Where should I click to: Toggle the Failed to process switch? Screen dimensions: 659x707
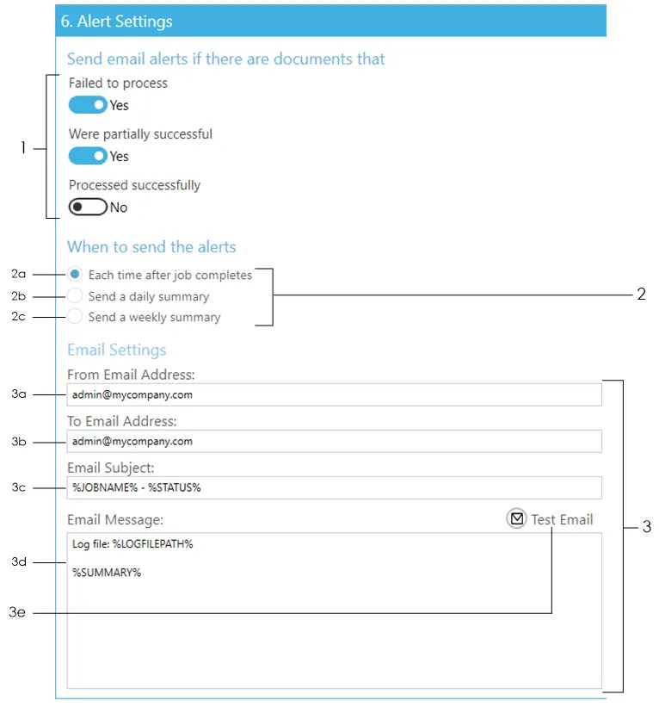(x=88, y=105)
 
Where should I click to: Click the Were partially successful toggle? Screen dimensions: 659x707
(x=88, y=156)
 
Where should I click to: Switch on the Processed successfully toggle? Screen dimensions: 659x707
(x=88, y=207)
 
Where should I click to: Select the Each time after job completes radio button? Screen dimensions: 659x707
(x=75, y=274)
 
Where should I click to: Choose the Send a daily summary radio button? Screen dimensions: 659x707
(x=75, y=295)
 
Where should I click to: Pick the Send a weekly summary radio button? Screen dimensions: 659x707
(x=75, y=316)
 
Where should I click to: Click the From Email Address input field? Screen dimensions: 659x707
(x=334, y=394)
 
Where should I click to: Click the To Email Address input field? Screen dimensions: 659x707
(x=334, y=441)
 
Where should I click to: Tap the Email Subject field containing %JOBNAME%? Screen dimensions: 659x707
(x=334, y=487)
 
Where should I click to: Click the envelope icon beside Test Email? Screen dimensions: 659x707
(x=517, y=518)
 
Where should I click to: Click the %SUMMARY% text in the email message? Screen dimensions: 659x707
(x=107, y=573)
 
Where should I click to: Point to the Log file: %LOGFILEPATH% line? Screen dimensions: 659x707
(x=132, y=544)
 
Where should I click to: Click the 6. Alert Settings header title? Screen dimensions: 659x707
(x=117, y=22)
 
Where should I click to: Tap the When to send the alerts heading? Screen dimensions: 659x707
(x=151, y=246)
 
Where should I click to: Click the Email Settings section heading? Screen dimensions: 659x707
(x=117, y=350)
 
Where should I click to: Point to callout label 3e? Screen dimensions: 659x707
(x=17, y=612)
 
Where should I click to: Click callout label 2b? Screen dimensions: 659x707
(x=18, y=295)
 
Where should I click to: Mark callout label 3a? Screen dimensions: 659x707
(x=18, y=394)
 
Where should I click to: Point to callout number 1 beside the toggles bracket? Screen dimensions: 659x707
(x=23, y=147)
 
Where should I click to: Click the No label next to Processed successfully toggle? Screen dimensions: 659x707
(x=119, y=208)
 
